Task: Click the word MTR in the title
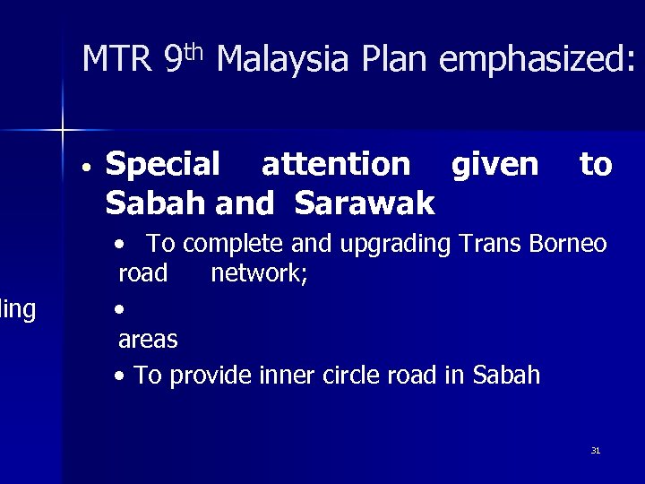pos(117,61)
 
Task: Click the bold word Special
pos(162,165)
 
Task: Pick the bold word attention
pos(336,165)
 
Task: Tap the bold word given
pos(495,165)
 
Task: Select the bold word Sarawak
pos(365,203)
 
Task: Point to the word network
pos(259,272)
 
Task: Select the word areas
pos(148,340)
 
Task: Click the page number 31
pos(595,450)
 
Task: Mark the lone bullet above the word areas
pos(120,308)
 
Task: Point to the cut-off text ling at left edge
pos(17,310)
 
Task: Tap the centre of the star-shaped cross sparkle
pos(63,130)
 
